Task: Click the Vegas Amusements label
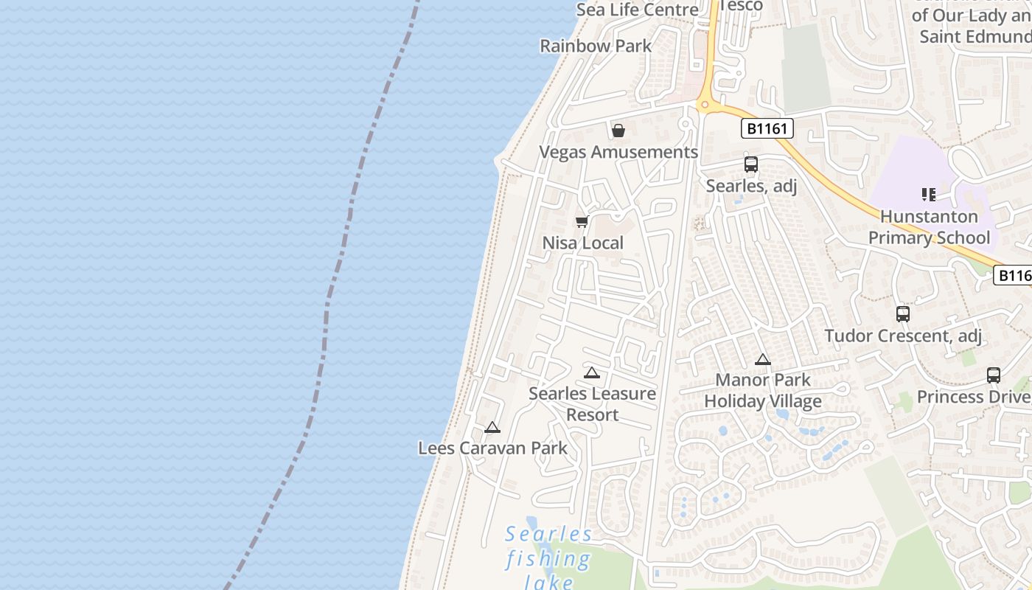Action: pyautogui.click(x=618, y=152)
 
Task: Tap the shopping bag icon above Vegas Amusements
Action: pyautogui.click(x=618, y=131)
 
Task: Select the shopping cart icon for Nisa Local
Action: pyautogui.click(x=582, y=221)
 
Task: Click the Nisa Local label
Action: pyautogui.click(x=583, y=243)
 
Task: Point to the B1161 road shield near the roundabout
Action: pyautogui.click(x=767, y=129)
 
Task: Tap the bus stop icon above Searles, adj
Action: pyautogui.click(x=751, y=164)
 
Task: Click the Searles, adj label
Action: pyautogui.click(x=751, y=186)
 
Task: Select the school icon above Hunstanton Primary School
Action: pyautogui.click(x=928, y=195)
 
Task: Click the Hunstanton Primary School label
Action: pyautogui.click(x=929, y=227)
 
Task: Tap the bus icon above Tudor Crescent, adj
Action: pyautogui.click(x=903, y=314)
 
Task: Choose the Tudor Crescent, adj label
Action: pyautogui.click(x=903, y=336)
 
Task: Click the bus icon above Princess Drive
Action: pyautogui.click(x=994, y=375)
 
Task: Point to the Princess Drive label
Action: pyautogui.click(x=973, y=397)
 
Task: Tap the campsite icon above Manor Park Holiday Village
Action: pyautogui.click(x=763, y=360)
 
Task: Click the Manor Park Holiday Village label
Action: pyautogui.click(x=763, y=391)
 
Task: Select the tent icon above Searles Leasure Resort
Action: pyautogui.click(x=591, y=372)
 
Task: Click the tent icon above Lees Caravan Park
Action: pyautogui.click(x=492, y=427)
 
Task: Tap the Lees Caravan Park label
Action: pyautogui.click(x=492, y=448)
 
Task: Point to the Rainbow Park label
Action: pyautogui.click(x=596, y=46)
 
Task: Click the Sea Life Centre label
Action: pyautogui.click(x=637, y=10)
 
